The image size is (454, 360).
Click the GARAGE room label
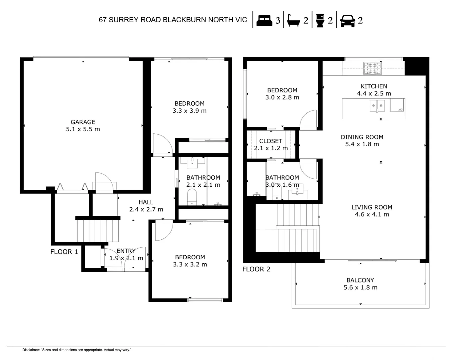pyautogui.click(x=83, y=122)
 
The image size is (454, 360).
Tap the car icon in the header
pyautogui.click(x=347, y=21)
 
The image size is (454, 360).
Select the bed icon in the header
pyautogui.click(x=264, y=20)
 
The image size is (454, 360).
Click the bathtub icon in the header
pyautogui.click(x=293, y=21)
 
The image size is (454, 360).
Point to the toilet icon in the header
pyautogui.click(x=320, y=21)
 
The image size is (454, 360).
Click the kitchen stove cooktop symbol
pyautogui.click(x=372, y=69)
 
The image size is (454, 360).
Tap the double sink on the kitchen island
pyautogui.click(x=377, y=106)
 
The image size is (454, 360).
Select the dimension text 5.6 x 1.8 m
pyautogui.click(x=360, y=288)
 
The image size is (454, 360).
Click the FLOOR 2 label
pyautogui.click(x=256, y=269)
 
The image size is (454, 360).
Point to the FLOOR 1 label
pyautogui.click(x=64, y=252)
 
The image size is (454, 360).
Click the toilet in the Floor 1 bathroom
pyautogui.click(x=192, y=197)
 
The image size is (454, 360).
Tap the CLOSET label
pyautogui.click(x=270, y=141)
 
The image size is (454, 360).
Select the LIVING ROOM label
pyautogui.click(x=372, y=207)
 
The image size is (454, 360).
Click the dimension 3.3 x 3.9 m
pyautogui.click(x=190, y=111)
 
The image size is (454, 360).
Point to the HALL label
pyautogui.click(x=146, y=202)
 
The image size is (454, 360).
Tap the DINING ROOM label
pyautogui.click(x=362, y=137)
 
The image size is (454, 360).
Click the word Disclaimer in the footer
pyautogui.click(x=31, y=350)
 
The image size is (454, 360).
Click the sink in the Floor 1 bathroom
pyautogui.click(x=193, y=163)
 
